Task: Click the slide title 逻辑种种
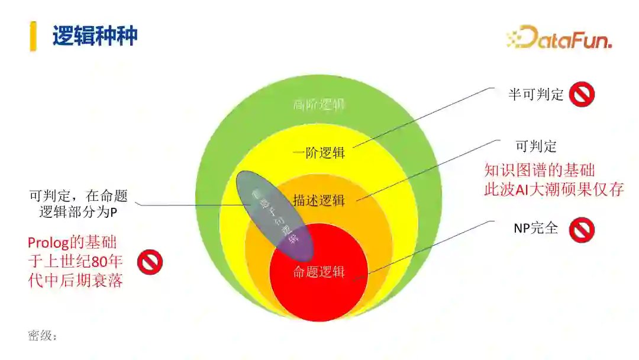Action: pos(95,36)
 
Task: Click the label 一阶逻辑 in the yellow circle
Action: pos(318,153)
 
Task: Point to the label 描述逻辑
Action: pos(318,201)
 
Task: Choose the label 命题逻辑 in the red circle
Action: pos(318,272)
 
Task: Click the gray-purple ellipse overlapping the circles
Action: pos(273,216)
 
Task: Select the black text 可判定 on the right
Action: pos(536,146)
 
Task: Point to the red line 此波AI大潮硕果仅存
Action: pos(554,190)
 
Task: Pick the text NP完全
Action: pos(535,228)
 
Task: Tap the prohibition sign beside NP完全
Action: pos(582,230)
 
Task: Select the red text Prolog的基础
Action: pos(72,242)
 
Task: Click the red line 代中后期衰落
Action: pos(75,281)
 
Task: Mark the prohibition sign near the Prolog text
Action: pos(150,262)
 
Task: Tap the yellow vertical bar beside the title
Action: pos(33,36)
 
